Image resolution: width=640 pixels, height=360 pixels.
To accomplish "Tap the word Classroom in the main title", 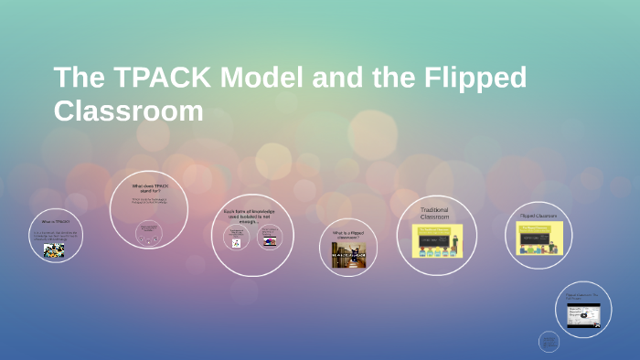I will (x=128, y=110).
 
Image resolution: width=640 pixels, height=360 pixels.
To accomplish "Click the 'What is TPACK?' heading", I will (x=54, y=221).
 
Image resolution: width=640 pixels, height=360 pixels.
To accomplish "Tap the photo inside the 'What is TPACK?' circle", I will (x=54, y=250).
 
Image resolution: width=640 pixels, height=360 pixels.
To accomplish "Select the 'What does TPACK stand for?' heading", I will (x=149, y=189).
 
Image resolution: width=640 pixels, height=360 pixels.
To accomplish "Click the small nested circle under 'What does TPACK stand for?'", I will (x=148, y=232).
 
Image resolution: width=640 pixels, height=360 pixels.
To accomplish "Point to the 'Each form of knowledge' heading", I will (x=249, y=214).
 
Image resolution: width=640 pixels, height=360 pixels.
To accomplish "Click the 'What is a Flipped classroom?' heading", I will (x=348, y=233).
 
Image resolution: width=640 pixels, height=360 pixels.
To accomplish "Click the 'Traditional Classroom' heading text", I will (x=434, y=214).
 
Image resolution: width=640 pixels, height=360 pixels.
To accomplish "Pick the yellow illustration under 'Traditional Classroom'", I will (x=437, y=240).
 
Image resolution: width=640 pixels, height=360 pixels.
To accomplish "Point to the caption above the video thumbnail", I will (x=582, y=297).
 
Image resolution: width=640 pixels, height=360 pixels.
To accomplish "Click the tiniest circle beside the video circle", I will (x=549, y=342).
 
